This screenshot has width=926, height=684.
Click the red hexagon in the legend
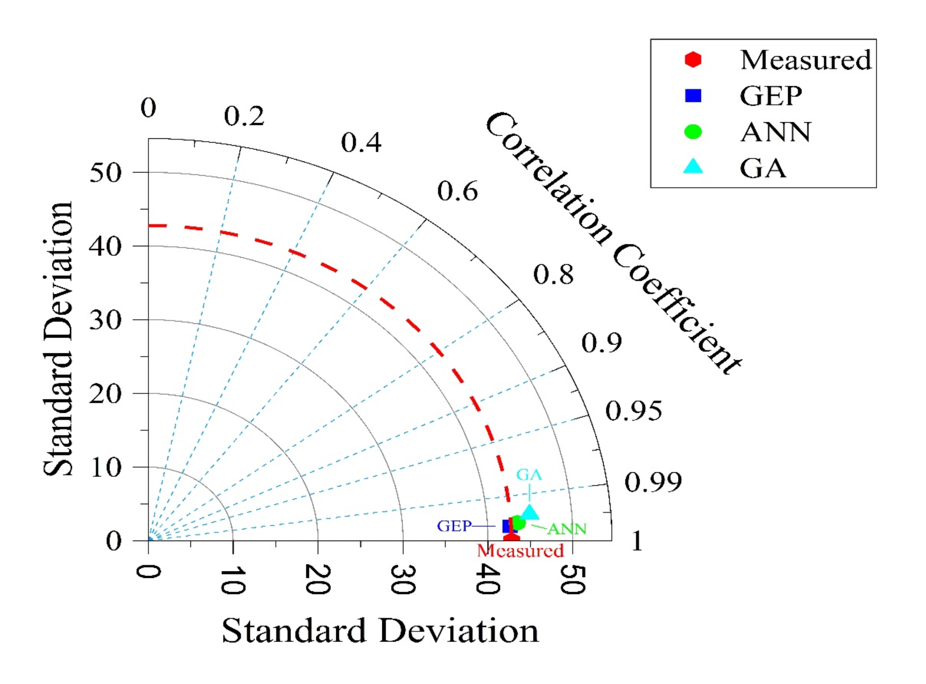pos(693,59)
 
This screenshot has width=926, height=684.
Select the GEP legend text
pos(771,96)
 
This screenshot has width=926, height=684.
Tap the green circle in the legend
pos(693,132)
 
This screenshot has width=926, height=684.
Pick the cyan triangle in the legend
pos(693,167)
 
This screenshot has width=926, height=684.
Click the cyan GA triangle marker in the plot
pos(529,512)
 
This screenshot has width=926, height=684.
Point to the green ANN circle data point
pos(518,523)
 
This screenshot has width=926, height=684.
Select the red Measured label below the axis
pos(520,551)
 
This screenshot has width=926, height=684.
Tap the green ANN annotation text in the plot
pos(567,529)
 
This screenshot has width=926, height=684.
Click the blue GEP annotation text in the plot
pos(454,526)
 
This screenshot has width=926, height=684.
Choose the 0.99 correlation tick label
pos(653,482)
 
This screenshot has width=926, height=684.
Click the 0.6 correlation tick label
pos(457,191)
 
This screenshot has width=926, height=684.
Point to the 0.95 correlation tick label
pos(633,411)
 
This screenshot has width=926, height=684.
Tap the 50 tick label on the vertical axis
pos(106,173)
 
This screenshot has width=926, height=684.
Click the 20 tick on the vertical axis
pos(106,394)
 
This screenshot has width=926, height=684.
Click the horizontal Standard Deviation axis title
pos(380,630)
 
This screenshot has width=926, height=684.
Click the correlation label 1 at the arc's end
pos(637,541)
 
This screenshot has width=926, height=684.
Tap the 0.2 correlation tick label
pos(244,116)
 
